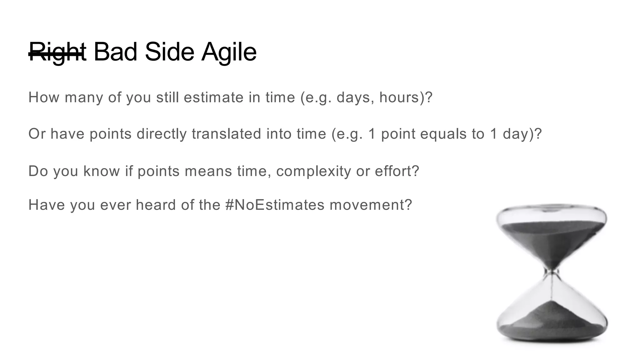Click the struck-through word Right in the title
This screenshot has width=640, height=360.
pyautogui.click(x=57, y=52)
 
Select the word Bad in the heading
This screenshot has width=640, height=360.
pyautogui.click(x=115, y=52)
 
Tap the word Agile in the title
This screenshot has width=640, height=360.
pyautogui.click(x=229, y=52)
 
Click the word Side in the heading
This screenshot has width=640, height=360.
pyautogui.click(x=169, y=52)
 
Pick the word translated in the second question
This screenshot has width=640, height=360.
pyautogui.click(x=227, y=134)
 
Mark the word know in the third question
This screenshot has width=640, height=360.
pyautogui.click(x=101, y=171)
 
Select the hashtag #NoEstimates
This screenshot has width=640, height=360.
pyautogui.click(x=275, y=205)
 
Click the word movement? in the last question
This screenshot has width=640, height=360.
pyautogui.click(x=371, y=205)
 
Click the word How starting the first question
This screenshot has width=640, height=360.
pyautogui.click(x=44, y=97)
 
